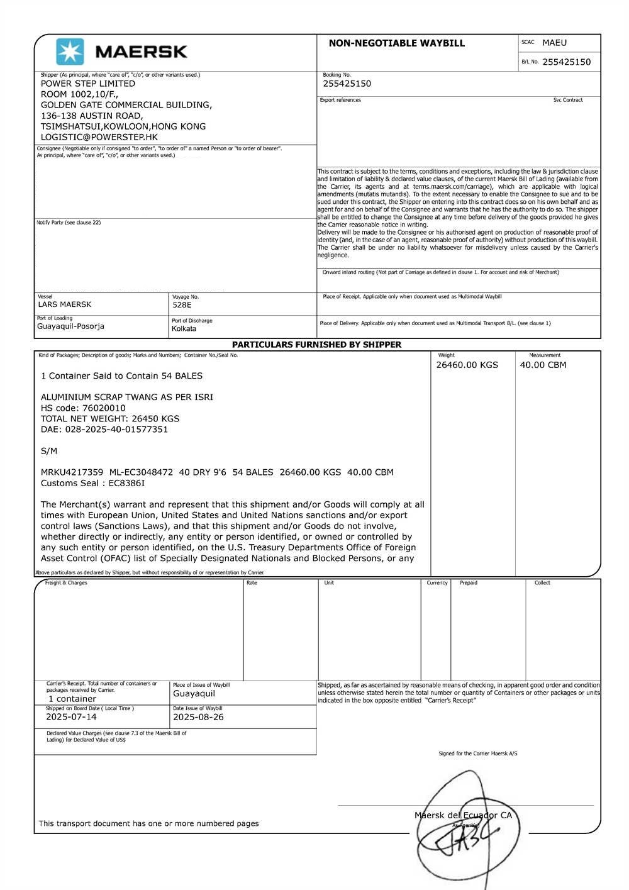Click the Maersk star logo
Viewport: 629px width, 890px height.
tap(70, 52)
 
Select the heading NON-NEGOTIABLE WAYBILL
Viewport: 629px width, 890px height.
tap(396, 43)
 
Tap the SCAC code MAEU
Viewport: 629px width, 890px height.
tap(554, 43)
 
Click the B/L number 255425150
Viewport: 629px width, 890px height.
tap(566, 62)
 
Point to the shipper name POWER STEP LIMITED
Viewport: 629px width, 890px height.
tap(88, 84)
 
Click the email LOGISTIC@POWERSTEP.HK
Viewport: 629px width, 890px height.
tap(99, 136)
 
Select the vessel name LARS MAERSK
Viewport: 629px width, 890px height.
tap(65, 304)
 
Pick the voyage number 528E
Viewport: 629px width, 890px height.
tap(182, 305)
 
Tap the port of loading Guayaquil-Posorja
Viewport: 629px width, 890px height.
tap(70, 326)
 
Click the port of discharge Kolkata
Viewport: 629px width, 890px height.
tap(184, 328)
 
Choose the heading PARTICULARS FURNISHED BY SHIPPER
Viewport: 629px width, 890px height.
tap(316, 345)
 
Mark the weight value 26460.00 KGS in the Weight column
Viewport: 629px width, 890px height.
tap(467, 365)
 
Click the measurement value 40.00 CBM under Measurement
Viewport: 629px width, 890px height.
tap(543, 365)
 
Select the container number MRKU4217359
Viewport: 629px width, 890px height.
tap(72, 472)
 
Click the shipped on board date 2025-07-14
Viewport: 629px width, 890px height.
tap(71, 717)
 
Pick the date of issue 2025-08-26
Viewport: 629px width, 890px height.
tap(198, 717)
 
